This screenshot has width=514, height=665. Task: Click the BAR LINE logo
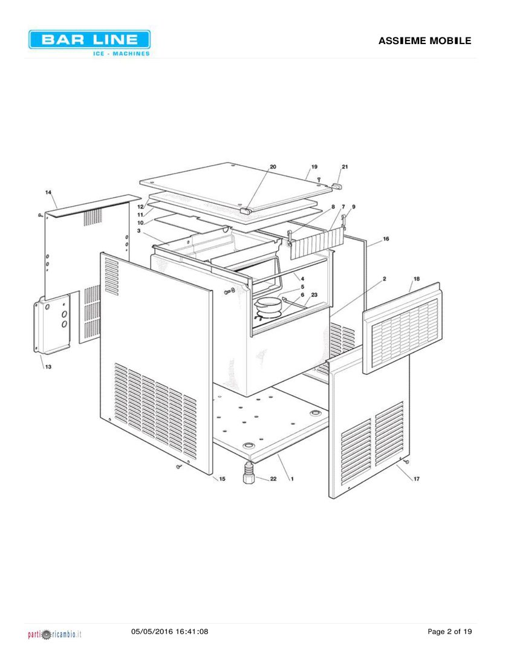(x=89, y=43)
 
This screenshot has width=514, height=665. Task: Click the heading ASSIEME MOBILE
(x=425, y=41)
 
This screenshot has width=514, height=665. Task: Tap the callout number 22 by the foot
(x=273, y=479)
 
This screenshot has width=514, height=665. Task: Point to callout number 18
(x=417, y=279)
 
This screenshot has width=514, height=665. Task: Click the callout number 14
(x=48, y=192)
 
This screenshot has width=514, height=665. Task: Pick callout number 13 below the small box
(x=48, y=366)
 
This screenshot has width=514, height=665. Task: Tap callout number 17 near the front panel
(x=417, y=479)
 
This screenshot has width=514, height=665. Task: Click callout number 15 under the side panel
(x=222, y=479)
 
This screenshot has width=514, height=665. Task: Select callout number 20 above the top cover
(x=273, y=167)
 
